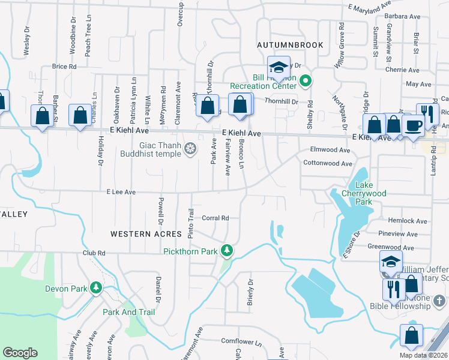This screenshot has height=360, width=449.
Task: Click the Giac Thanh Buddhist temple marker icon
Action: click(190, 149)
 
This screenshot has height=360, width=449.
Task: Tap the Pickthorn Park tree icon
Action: click(227, 250)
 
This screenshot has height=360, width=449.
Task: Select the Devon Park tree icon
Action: click(96, 289)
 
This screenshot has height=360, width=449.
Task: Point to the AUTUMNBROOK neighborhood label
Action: click(290, 45)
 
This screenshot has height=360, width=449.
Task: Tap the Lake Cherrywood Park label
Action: click(364, 193)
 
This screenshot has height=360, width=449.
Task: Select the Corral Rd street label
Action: click(215, 218)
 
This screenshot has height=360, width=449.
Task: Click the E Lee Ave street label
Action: click(121, 192)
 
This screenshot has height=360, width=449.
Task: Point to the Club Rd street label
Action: click(94, 253)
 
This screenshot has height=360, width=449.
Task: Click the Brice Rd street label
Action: click(64, 67)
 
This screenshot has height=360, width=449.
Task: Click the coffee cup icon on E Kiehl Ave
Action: click(413, 125)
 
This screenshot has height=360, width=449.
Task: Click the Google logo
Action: click(20, 353)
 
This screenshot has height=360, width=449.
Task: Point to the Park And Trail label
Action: click(128, 312)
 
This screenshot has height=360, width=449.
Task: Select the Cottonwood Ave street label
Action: click(328, 163)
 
